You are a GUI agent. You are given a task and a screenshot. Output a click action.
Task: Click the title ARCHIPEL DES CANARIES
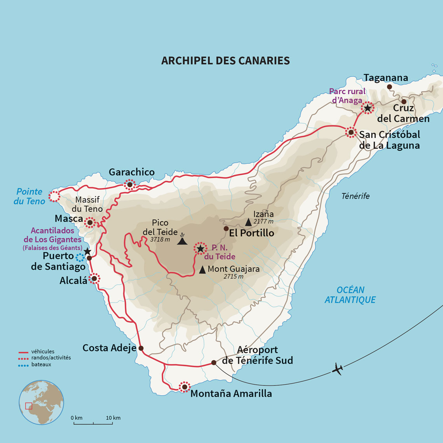click(x=225, y=61)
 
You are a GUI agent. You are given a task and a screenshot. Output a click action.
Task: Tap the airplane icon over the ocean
click(x=337, y=369)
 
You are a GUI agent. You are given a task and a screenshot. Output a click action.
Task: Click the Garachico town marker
click(x=130, y=185)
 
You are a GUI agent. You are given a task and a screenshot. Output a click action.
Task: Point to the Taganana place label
click(x=386, y=78)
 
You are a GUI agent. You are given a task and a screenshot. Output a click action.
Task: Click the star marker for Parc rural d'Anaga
click(x=367, y=108)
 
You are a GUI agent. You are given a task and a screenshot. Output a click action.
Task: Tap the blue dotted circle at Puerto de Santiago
click(x=80, y=257)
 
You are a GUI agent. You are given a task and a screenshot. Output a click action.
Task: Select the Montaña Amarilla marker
click(x=184, y=387)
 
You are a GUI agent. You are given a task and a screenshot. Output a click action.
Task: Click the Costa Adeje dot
click(x=141, y=348)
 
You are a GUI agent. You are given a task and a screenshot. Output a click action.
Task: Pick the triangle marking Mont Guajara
click(x=202, y=270)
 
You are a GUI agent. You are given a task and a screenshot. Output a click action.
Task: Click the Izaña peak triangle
click(x=248, y=222)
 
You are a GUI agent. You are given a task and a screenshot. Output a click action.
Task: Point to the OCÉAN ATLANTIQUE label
click(x=350, y=295)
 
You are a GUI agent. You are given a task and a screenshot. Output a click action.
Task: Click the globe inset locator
click(x=41, y=402)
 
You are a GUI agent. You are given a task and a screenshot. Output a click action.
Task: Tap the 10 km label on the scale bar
click(x=113, y=418)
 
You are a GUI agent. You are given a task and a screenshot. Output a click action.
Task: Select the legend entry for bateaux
click(x=41, y=365)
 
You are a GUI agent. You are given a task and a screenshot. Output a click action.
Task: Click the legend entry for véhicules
click(x=42, y=351)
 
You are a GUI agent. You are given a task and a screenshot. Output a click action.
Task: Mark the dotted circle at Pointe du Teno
click(x=54, y=197)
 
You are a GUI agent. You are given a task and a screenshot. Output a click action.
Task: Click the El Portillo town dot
click(x=226, y=228)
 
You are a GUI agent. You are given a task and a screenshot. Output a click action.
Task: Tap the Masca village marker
click(x=90, y=223)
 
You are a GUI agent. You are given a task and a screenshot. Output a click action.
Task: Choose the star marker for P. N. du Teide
click(x=200, y=248)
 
